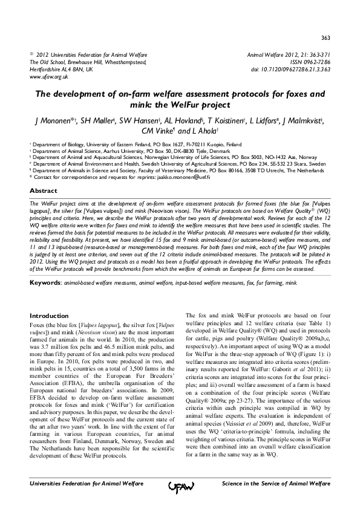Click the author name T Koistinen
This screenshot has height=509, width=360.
tap(231, 121)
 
